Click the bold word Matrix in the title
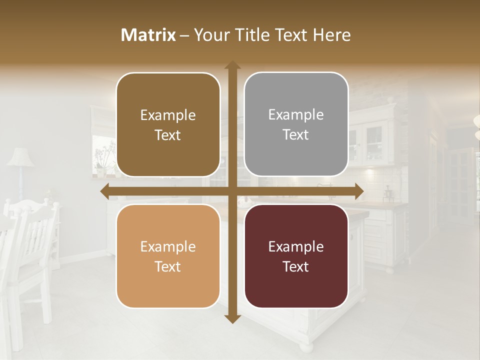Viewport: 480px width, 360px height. [x=148, y=35]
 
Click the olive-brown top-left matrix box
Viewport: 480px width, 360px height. [x=168, y=124]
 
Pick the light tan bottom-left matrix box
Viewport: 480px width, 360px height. [x=168, y=256]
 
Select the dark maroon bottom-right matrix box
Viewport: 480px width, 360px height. [x=296, y=256]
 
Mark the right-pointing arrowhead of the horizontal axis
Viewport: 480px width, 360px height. [x=358, y=191]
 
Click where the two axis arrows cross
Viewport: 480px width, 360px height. [x=232, y=191]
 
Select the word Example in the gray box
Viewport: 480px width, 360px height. [x=296, y=114]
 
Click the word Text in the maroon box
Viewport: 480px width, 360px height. [x=296, y=266]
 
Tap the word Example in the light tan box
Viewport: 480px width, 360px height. [x=168, y=246]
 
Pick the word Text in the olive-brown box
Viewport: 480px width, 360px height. [x=168, y=135]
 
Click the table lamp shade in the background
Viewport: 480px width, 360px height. [x=20, y=157]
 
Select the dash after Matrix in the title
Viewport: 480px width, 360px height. [x=184, y=35]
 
